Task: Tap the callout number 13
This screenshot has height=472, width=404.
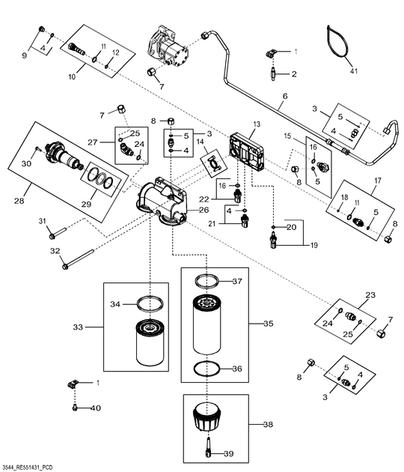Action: click(256, 124)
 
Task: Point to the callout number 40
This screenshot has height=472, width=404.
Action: click(95, 408)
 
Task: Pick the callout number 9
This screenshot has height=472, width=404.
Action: click(24, 55)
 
